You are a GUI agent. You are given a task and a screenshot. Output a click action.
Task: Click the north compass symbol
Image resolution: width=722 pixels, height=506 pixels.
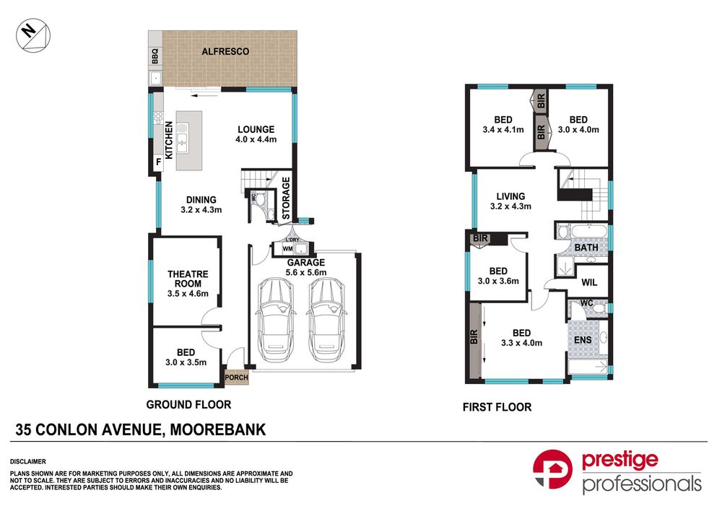[33, 35]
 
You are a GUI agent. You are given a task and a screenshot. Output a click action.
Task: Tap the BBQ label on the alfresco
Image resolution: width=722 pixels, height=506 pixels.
[155, 56]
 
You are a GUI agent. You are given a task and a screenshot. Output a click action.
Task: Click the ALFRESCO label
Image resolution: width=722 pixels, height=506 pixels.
[225, 51]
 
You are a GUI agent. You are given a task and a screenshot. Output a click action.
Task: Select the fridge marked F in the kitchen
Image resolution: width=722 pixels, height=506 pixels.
[158, 162]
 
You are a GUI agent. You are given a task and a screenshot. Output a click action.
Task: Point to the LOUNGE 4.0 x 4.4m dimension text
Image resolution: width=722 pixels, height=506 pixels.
[256, 139]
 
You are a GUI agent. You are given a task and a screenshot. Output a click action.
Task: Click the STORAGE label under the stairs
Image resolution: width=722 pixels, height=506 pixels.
[286, 198]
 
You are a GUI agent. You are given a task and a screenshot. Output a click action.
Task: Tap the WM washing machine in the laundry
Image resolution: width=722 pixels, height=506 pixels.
[287, 249]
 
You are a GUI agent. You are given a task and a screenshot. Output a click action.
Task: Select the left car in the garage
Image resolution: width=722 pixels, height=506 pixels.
[275, 320]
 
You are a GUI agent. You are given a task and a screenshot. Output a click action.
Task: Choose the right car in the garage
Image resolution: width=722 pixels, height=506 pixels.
[326, 320]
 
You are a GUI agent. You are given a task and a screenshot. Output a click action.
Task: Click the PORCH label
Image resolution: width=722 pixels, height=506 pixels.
[236, 378]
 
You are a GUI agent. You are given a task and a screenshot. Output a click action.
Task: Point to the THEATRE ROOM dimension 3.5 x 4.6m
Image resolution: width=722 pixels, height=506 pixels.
[188, 294]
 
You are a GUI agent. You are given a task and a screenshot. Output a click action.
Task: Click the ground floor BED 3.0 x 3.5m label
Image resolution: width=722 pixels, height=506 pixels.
[186, 357]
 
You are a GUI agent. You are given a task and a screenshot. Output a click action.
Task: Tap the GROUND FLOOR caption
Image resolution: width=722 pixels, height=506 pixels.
[188, 405]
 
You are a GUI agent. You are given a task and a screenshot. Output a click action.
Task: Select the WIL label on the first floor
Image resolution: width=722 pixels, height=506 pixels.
[589, 282]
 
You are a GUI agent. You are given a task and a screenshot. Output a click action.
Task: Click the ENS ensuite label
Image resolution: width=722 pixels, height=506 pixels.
[583, 340]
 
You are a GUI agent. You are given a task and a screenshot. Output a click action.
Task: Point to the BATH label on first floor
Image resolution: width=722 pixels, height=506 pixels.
[586, 248]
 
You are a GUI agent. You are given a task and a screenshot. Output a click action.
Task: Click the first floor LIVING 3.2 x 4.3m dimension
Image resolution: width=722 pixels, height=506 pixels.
[510, 206]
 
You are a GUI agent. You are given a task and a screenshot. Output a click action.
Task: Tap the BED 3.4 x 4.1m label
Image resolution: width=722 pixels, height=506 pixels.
[503, 125]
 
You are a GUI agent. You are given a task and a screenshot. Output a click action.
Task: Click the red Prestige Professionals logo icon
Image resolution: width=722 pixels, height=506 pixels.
[552, 469]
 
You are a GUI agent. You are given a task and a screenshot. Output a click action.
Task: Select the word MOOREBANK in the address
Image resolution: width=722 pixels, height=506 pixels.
[218, 430]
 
